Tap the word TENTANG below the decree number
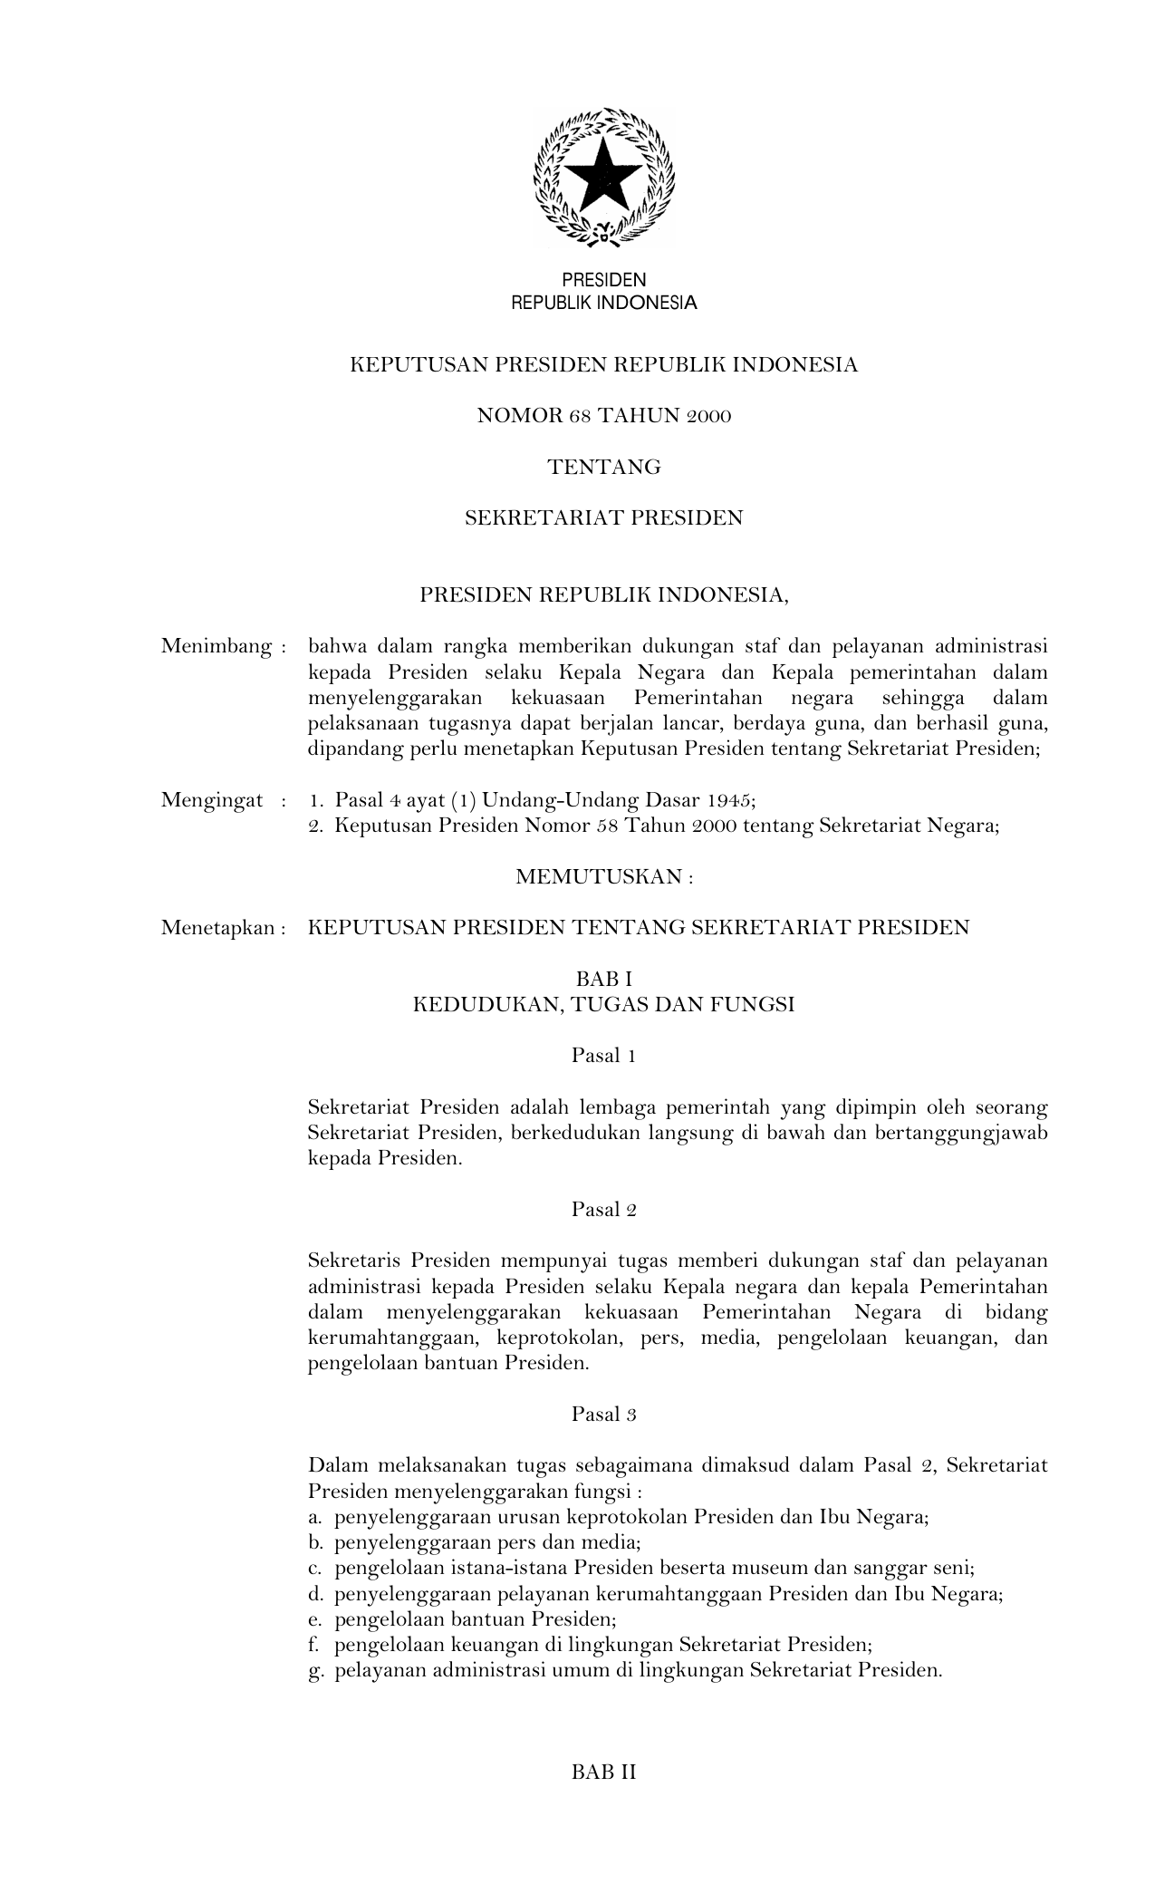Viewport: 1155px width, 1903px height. (x=604, y=467)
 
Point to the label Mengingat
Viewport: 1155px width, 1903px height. (x=212, y=800)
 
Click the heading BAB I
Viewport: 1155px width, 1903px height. (x=603, y=979)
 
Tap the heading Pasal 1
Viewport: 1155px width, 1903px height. (x=603, y=1055)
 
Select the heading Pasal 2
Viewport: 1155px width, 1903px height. (x=603, y=1209)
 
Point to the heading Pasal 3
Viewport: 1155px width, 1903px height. (x=603, y=1414)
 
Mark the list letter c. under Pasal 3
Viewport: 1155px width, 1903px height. (x=315, y=1569)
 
